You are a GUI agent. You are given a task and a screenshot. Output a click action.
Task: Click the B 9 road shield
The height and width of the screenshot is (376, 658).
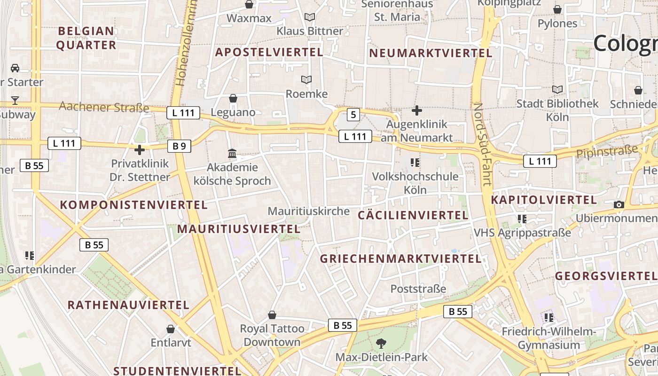click(179, 146)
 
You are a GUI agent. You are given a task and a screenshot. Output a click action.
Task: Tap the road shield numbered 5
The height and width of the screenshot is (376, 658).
click(353, 114)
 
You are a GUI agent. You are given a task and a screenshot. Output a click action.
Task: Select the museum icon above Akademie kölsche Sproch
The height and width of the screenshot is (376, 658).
click(232, 154)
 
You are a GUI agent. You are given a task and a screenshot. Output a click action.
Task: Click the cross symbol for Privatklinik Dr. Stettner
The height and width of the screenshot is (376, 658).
click(139, 150)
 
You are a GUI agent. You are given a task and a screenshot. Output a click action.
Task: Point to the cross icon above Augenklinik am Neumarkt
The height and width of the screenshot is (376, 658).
click(416, 111)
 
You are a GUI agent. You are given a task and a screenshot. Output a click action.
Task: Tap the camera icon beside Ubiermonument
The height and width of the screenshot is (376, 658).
click(619, 204)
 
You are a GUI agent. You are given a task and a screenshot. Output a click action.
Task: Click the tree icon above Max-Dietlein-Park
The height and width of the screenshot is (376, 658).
click(381, 343)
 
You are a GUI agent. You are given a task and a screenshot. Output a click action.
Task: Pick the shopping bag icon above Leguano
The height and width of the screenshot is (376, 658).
click(233, 98)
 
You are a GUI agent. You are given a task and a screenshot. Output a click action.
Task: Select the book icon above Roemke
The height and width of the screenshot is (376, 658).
click(306, 80)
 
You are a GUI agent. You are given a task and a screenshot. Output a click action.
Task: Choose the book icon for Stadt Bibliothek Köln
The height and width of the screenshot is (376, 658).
click(557, 89)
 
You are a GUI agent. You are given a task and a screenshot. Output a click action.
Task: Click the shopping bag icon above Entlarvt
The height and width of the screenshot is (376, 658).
click(171, 329)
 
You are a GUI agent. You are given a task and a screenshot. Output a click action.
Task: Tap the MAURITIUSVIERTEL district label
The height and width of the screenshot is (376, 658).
click(239, 229)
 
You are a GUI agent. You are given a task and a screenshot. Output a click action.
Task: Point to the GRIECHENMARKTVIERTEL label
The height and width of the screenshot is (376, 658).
click(400, 259)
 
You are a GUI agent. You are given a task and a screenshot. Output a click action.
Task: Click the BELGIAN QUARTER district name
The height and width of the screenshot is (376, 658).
click(86, 38)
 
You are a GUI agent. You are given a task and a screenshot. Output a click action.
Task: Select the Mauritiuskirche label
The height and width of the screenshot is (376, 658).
click(309, 211)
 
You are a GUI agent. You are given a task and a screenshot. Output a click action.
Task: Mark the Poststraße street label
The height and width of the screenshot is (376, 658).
click(418, 289)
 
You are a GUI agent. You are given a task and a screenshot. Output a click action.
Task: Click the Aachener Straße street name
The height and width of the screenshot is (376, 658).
click(104, 107)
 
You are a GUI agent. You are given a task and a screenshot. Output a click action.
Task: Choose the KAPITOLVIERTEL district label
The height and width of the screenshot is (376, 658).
click(544, 200)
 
